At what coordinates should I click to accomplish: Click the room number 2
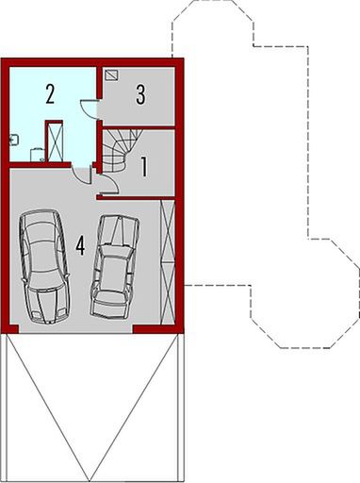click(50, 92)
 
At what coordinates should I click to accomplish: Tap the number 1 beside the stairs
click(144, 168)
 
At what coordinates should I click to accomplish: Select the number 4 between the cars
click(81, 245)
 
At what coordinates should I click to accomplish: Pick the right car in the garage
click(115, 266)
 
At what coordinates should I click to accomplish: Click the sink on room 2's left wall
click(13, 139)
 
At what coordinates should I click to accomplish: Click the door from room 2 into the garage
click(81, 173)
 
